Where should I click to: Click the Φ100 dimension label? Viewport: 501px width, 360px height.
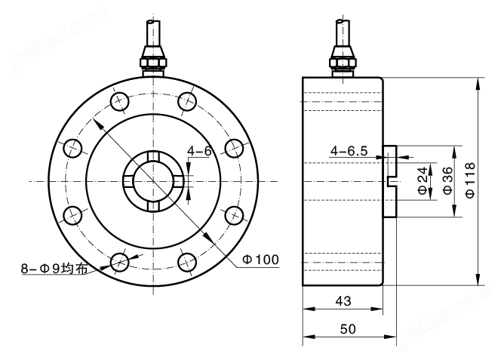tap(261, 260)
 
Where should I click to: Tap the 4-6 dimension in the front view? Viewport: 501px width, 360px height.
tap(199, 151)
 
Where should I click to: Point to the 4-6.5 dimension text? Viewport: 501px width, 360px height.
tap(349, 151)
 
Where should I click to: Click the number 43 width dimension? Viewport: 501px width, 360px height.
tap(343, 300)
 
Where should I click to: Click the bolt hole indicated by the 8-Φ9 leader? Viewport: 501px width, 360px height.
tap(119, 262)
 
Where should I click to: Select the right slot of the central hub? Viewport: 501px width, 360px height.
tap(177, 181)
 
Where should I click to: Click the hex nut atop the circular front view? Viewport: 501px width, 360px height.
tap(152, 58)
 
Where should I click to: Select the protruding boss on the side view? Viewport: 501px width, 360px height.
tap(391, 181)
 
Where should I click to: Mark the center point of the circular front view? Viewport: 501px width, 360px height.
tap(152, 181)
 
